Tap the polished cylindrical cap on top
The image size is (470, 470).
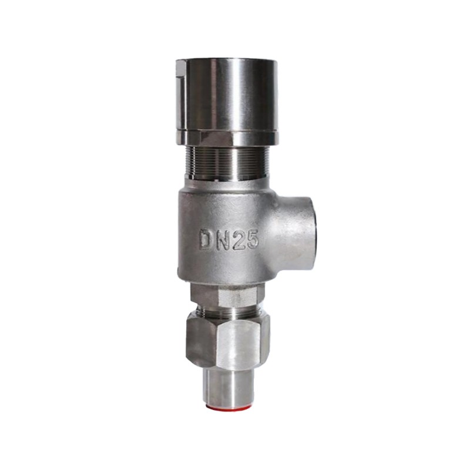[227, 96]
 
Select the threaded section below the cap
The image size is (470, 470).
[227, 162]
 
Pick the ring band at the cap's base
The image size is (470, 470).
[227, 137]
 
